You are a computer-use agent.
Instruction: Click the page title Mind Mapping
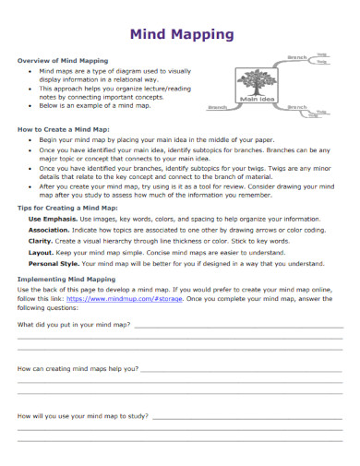click(180, 35)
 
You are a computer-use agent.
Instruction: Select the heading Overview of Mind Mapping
click(63, 60)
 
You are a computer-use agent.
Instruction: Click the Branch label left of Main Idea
click(219, 107)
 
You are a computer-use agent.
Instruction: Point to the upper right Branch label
click(297, 58)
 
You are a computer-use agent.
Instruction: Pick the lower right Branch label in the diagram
click(297, 107)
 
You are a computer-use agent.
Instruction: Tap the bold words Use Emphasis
click(53, 219)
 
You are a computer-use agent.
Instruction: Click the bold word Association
click(51, 233)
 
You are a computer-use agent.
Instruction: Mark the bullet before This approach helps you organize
click(31, 88)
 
